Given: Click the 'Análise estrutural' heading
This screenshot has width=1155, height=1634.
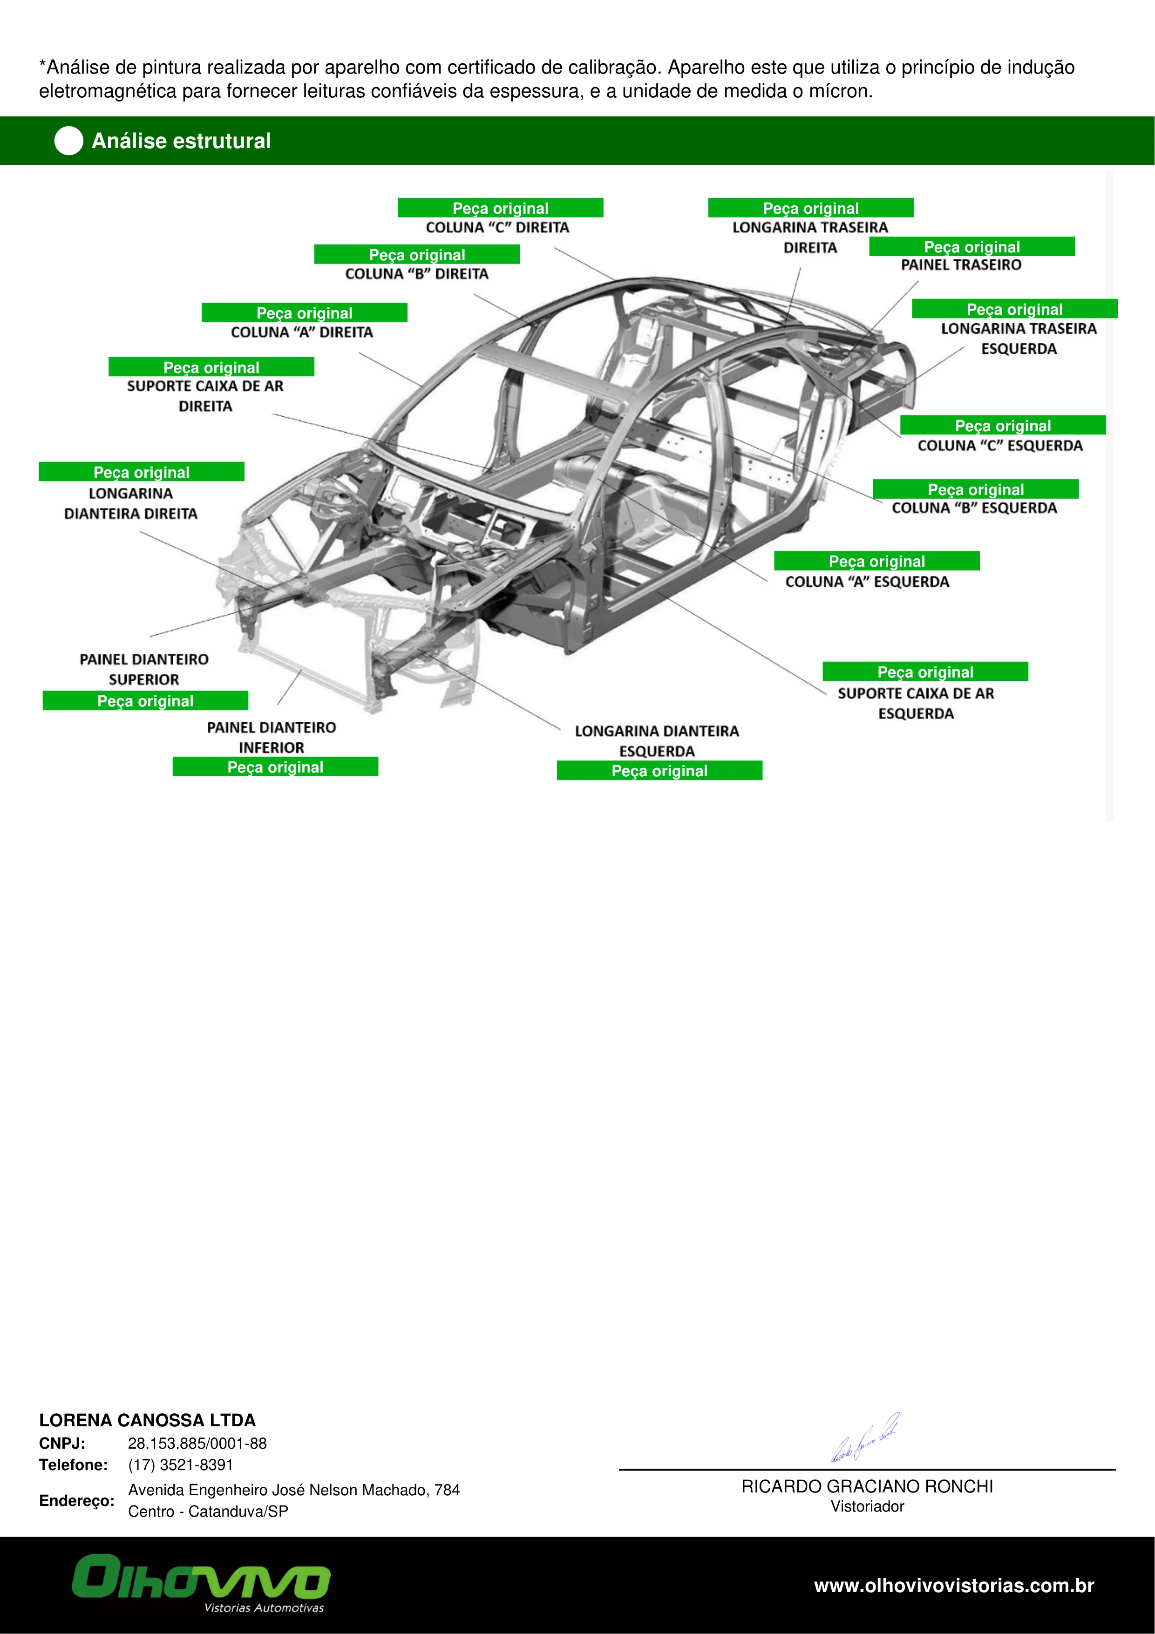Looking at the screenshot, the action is [182, 141].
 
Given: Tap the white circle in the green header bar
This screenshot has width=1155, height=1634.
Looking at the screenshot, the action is [69, 141].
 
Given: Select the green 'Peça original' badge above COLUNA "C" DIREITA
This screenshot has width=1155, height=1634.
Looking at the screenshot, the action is [500, 208].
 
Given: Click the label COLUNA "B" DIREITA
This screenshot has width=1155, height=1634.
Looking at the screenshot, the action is [417, 274].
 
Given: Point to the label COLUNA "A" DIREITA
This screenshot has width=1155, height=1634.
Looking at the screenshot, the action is [302, 332].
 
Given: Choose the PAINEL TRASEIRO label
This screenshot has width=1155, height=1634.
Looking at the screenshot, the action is [961, 265].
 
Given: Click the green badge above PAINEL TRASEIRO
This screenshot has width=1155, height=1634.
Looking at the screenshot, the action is [972, 246].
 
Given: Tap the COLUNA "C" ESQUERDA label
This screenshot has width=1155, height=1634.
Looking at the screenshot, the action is [1000, 446].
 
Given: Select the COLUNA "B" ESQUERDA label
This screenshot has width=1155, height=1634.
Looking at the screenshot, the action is [974, 508].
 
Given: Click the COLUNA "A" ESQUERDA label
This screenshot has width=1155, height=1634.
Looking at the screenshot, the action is [867, 582].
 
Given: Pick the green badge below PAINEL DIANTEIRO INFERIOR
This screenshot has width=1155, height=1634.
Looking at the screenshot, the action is [275, 766].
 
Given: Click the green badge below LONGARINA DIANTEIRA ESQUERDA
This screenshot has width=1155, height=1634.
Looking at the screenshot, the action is [659, 771].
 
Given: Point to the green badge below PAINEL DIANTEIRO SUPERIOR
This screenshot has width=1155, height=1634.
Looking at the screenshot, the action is [145, 700].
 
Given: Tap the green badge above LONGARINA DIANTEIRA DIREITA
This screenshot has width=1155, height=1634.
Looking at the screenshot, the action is [142, 472].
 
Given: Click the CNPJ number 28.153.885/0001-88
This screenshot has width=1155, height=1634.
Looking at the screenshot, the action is [197, 1443].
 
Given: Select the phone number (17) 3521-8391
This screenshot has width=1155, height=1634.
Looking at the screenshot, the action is [181, 1464].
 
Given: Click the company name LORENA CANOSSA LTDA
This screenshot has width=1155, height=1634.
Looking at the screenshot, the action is [147, 1421].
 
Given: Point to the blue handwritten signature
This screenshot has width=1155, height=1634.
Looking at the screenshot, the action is [865, 1437].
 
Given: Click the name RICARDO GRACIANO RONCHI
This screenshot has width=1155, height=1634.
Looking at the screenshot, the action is [867, 1487].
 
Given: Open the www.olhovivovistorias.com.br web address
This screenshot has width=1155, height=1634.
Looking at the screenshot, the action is [954, 1586].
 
